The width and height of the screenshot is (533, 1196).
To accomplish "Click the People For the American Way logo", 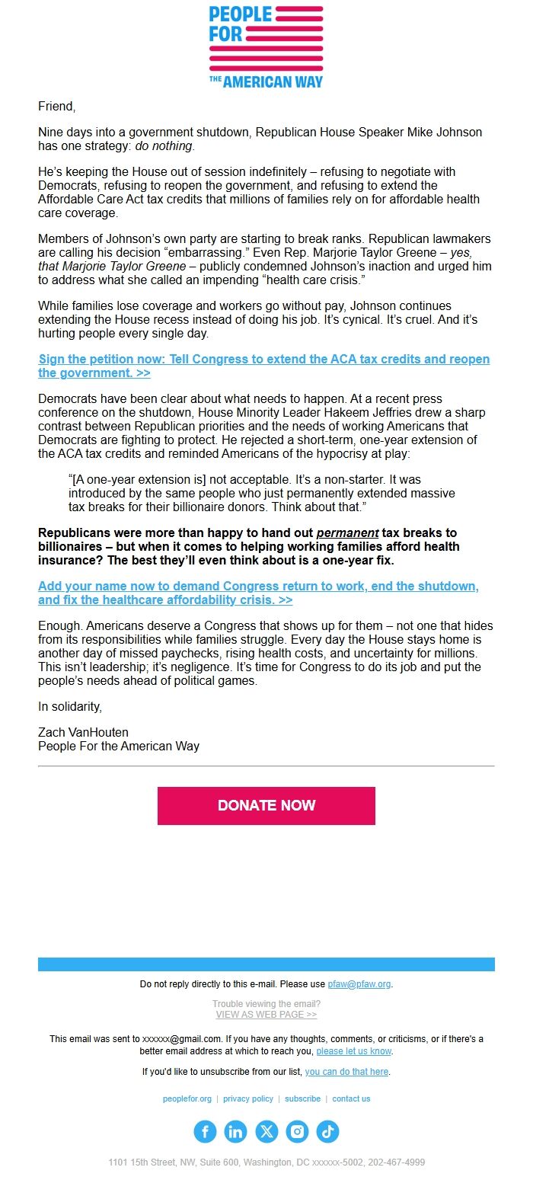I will point(266,47).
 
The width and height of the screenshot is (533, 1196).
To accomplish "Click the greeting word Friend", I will point(56,107).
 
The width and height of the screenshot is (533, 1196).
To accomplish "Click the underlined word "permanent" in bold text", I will point(347,533).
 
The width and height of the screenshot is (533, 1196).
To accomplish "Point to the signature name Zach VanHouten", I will point(83,733).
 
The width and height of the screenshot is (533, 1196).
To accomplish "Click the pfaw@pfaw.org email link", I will point(359,984).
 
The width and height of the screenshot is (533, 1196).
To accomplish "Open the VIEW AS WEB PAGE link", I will point(266,1015).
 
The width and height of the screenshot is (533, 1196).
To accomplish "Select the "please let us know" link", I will point(354,1051).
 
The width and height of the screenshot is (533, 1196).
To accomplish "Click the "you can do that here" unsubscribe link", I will point(346,1072).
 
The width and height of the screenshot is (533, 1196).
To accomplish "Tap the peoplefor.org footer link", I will point(187,1099).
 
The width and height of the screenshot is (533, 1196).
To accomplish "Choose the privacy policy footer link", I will point(248,1099).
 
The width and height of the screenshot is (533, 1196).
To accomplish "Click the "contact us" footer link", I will point(351,1099).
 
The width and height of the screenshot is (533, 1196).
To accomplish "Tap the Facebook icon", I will point(205,1132).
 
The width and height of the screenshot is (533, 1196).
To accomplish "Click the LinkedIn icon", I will point(235,1132).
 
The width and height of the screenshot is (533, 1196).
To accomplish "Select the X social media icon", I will point(266,1132).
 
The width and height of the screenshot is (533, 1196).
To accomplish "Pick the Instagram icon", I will point(297,1132).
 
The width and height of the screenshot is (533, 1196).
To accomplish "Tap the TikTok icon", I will point(327,1132).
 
